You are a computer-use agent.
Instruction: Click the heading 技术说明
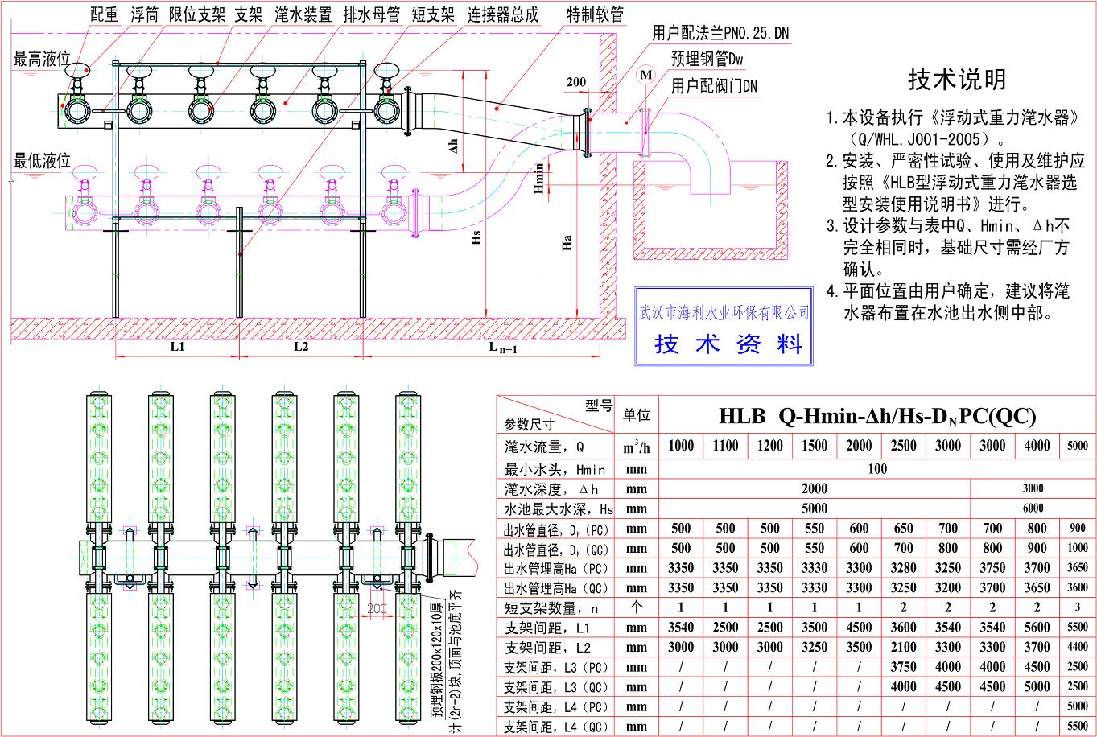pyautogui.click(x=957, y=80)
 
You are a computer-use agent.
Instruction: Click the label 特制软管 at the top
pyautogui.click(x=595, y=15)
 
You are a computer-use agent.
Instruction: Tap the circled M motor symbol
pyautogui.click(x=645, y=74)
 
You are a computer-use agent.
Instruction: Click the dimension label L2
pyautogui.click(x=301, y=347)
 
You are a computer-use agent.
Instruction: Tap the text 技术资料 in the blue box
pyautogui.click(x=729, y=344)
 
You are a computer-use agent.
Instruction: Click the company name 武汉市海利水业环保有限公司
pyautogui.click(x=724, y=312)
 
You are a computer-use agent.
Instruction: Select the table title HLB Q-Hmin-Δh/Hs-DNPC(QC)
pyautogui.click(x=877, y=416)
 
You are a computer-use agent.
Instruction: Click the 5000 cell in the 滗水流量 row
pyautogui.click(x=1077, y=446)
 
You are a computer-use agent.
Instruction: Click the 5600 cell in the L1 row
pyautogui.click(x=1037, y=628)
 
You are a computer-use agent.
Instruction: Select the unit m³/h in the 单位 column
pyautogui.click(x=636, y=447)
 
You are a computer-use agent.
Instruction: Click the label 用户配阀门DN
pyautogui.click(x=715, y=84)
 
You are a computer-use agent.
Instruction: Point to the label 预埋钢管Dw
pyautogui.click(x=707, y=59)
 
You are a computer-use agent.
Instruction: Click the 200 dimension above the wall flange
pyautogui.click(x=576, y=82)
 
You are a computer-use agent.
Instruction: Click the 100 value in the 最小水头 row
pyautogui.click(x=877, y=468)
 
